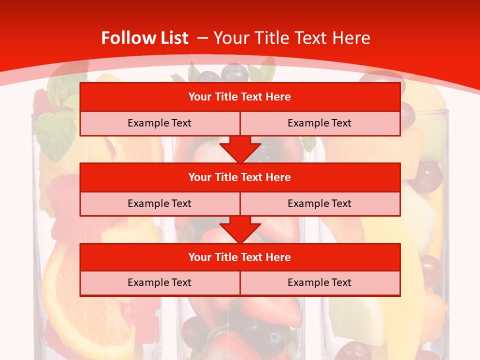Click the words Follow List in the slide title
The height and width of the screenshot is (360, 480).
(x=144, y=38)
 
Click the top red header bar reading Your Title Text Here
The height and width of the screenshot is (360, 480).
(x=240, y=97)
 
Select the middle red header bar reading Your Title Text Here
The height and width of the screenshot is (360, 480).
(x=240, y=177)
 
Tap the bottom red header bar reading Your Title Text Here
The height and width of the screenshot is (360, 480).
(x=240, y=257)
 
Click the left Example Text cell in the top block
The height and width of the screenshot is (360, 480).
(x=159, y=123)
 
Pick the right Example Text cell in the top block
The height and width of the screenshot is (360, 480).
(x=319, y=123)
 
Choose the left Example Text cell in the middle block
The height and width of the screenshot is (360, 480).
(x=159, y=203)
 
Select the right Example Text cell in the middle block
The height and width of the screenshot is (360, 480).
(x=319, y=203)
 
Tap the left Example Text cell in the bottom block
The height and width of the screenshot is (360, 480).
(x=159, y=282)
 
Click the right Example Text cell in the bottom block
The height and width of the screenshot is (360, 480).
(x=319, y=282)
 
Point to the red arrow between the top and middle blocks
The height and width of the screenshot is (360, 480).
(x=240, y=149)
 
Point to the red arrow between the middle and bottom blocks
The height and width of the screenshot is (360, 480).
(x=240, y=229)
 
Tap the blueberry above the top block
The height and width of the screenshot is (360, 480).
(x=234, y=73)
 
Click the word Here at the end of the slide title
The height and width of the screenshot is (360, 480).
(x=353, y=38)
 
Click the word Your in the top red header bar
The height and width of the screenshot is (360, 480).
(x=200, y=97)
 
